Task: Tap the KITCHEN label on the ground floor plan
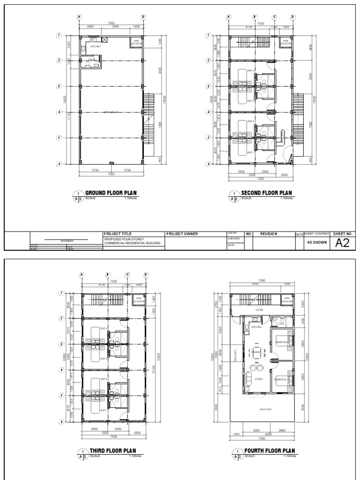click(96, 46)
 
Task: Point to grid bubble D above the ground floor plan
click(143, 17)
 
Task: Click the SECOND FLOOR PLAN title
click(266, 193)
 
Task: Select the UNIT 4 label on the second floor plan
click(250, 71)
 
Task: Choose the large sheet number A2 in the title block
click(343, 243)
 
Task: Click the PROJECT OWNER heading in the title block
click(182, 233)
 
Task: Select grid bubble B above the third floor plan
click(108, 275)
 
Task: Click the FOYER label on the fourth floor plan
click(259, 310)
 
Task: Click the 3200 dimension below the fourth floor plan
click(256, 429)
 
